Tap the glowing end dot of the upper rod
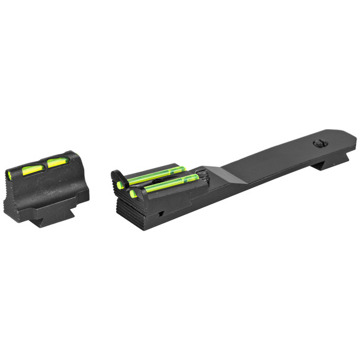[120, 185]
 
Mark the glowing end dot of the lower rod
[134, 193]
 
